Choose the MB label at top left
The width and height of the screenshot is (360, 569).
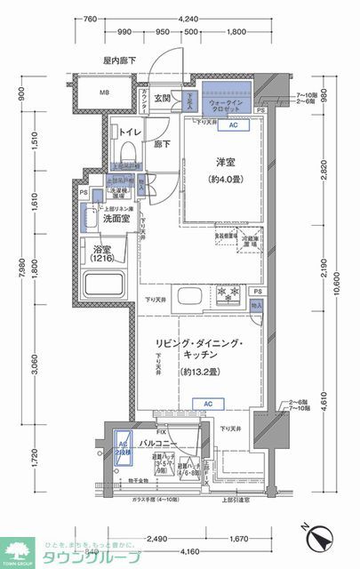104,93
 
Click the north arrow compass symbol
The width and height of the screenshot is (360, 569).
321,536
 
